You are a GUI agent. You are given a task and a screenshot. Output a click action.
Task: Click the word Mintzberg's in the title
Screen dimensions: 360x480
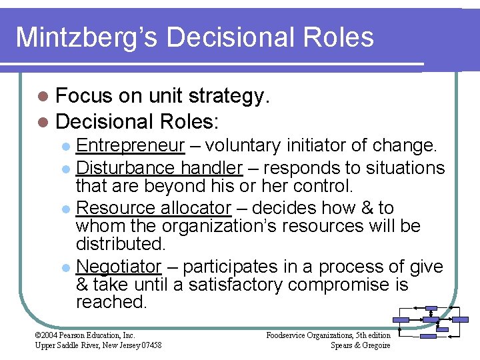click(x=85, y=37)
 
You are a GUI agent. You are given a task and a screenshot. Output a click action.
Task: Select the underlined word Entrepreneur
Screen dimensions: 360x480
click(x=130, y=145)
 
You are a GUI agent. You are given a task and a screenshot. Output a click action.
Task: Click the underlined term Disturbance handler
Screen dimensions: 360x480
click(x=159, y=168)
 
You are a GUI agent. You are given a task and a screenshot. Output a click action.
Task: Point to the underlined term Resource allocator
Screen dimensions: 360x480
click(x=154, y=208)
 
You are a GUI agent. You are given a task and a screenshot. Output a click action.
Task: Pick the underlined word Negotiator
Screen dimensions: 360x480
click(x=119, y=267)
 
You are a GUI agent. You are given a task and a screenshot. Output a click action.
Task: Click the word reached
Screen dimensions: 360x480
click(x=111, y=302)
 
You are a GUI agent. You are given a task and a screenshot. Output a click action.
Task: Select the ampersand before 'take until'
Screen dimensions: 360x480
click(x=83, y=285)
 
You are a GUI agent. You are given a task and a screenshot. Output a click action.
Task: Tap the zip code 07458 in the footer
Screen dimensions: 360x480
click(x=148, y=345)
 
